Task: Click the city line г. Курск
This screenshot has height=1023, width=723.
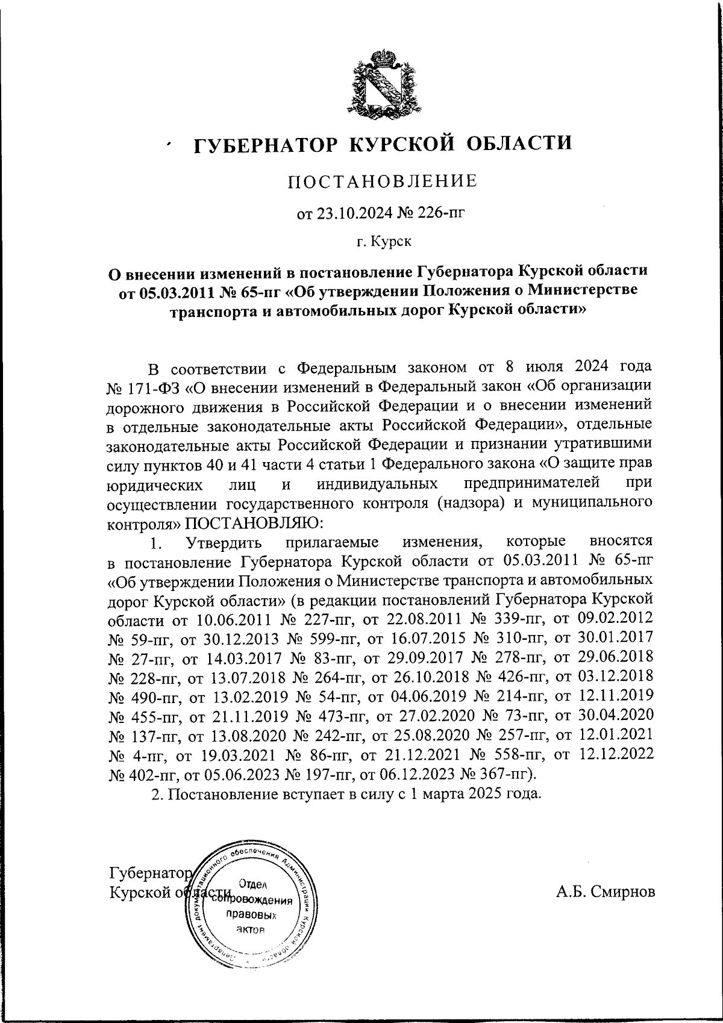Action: [x=384, y=242]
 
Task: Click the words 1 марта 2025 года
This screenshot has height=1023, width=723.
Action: [x=472, y=793]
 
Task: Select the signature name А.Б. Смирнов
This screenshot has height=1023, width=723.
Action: [x=605, y=892]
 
